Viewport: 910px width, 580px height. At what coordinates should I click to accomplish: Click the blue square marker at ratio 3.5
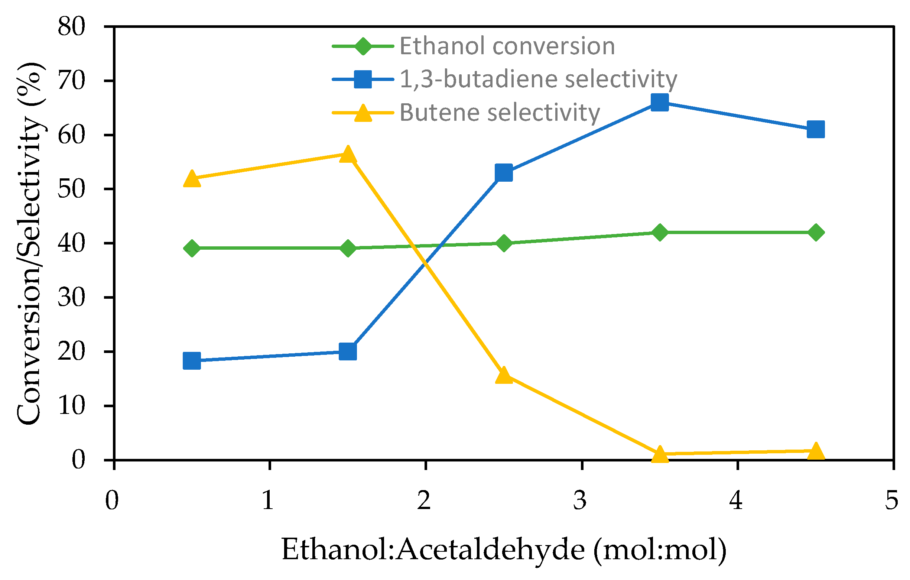tap(659, 103)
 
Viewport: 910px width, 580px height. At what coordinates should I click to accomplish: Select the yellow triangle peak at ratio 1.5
tap(348, 155)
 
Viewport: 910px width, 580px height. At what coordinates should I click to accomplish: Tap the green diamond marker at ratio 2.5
tap(503, 243)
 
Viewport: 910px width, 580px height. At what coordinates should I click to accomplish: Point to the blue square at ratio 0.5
tap(192, 361)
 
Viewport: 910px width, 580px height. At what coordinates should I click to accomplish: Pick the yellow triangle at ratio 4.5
tap(816, 451)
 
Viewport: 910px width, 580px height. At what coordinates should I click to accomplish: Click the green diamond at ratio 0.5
tap(192, 249)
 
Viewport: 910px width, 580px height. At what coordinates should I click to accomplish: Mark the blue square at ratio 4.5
tap(816, 130)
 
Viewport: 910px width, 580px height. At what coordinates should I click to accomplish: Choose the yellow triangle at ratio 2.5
tap(503, 375)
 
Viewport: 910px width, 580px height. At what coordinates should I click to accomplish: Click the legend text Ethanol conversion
tap(507, 46)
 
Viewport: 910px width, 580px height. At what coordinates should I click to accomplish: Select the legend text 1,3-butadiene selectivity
tap(538, 80)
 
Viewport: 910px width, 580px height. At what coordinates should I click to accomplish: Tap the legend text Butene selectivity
tap(500, 113)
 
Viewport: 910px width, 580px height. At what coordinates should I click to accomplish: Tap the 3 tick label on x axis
tap(580, 501)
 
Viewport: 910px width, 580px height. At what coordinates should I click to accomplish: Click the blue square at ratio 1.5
tap(348, 352)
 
